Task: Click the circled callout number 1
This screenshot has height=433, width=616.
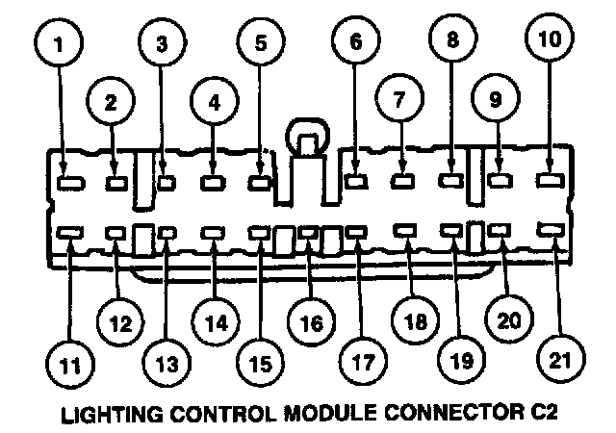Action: click(61, 43)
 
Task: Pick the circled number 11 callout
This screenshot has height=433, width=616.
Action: click(66, 366)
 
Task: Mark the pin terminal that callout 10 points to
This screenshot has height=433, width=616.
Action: click(550, 178)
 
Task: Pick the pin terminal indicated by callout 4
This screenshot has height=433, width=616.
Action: click(213, 179)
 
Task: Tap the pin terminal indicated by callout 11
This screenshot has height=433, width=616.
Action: click(69, 232)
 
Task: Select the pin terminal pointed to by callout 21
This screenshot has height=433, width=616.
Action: click(551, 231)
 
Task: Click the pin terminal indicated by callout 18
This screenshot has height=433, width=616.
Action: click(405, 232)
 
